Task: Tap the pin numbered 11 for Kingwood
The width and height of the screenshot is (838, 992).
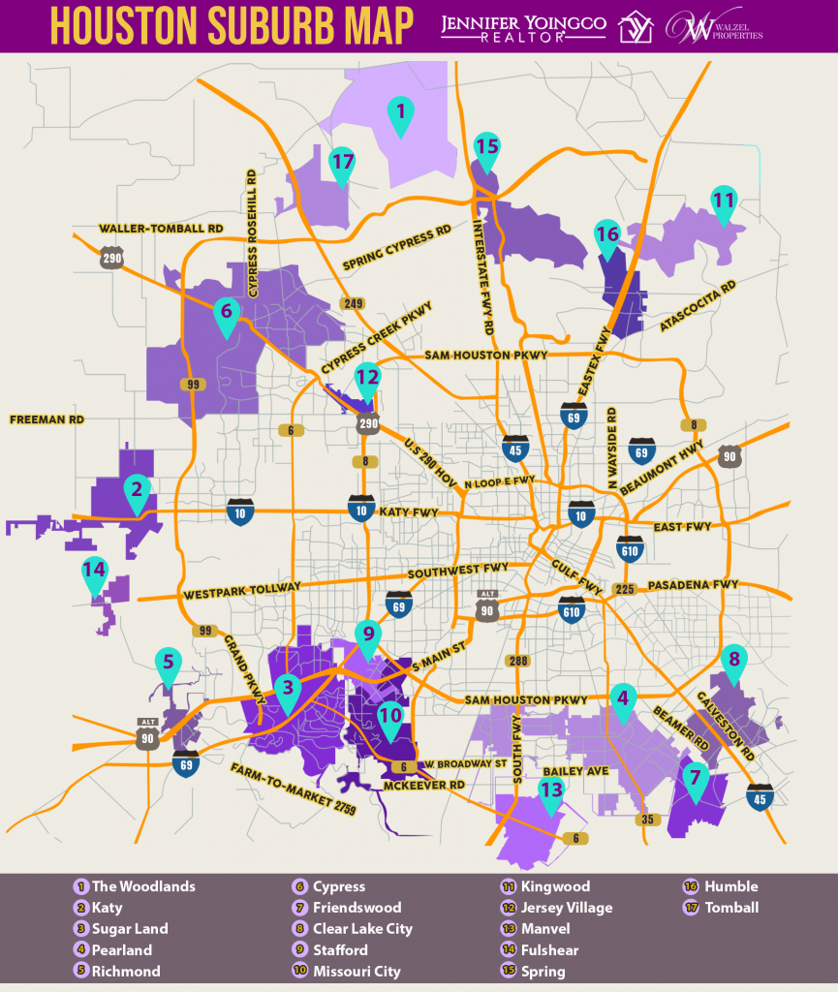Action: click(724, 201)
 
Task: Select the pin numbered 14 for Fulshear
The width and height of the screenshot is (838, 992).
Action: click(94, 573)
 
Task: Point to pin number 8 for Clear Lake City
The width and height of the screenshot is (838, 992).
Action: click(734, 660)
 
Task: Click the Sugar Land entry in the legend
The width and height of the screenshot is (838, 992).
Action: click(130, 928)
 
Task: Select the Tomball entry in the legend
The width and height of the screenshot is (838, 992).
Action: click(732, 908)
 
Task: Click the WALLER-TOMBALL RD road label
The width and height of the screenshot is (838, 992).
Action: click(161, 229)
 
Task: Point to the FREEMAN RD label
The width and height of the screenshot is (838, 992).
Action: click(47, 419)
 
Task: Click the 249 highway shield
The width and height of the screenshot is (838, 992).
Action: click(352, 304)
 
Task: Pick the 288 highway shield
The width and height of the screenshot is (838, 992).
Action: click(518, 661)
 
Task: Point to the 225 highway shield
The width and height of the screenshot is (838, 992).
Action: click(625, 588)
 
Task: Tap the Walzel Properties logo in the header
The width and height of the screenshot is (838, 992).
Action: click(714, 26)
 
